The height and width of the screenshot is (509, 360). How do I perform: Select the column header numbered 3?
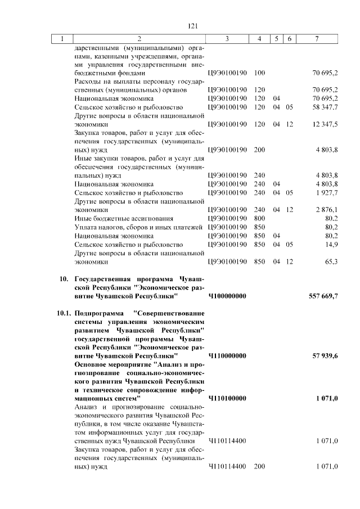pyautogui.click(x=227, y=38)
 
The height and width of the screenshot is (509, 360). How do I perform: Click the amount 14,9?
pyautogui.click(x=331, y=245)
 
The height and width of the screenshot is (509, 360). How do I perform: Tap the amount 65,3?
pyautogui.click(x=331, y=262)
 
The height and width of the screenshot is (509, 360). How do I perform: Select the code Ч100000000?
pyautogui.click(x=227, y=296)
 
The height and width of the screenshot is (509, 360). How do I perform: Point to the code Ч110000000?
pyautogui.click(x=227, y=356)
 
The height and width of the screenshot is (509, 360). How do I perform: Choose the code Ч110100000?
pyautogui.click(x=227, y=398)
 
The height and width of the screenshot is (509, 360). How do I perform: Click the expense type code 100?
pyautogui.click(x=259, y=73)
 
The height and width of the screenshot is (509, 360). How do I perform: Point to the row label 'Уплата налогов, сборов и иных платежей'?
pyautogui.click(x=138, y=227)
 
